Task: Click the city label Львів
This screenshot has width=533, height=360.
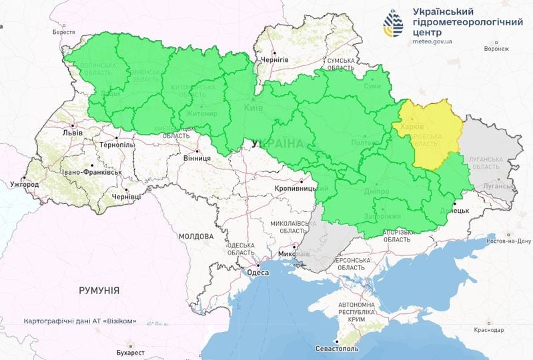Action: (x=72, y=133)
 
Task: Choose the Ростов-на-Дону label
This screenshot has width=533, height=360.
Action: (x=508, y=241)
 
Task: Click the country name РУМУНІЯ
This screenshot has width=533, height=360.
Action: (x=99, y=291)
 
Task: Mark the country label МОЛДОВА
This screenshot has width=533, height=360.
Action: (x=195, y=237)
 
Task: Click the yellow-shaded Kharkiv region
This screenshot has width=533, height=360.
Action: (x=430, y=133)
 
